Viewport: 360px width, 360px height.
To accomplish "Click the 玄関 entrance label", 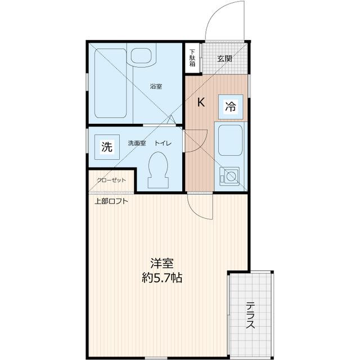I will (x=225, y=58).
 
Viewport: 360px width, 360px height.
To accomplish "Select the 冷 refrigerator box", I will (x=231, y=106).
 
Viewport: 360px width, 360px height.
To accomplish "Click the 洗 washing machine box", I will (x=107, y=147).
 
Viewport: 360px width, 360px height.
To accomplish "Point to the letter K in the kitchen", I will (x=201, y=102).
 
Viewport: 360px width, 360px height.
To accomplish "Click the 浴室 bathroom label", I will (x=156, y=87).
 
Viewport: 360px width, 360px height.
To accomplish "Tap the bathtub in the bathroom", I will (x=109, y=84).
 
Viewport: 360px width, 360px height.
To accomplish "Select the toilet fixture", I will (x=158, y=170).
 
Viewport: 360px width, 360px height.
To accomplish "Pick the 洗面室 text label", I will (x=137, y=143).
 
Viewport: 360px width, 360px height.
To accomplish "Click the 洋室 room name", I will (x=161, y=263).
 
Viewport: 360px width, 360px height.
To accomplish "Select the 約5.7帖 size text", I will (x=162, y=278).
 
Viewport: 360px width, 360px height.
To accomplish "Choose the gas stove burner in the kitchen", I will (x=229, y=177).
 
